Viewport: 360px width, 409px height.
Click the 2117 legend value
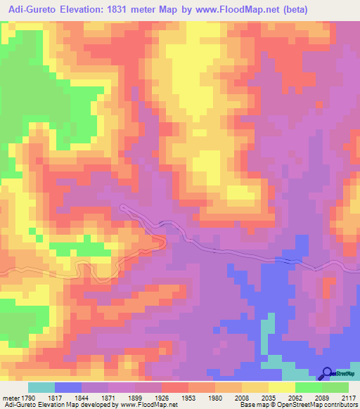tap(349, 397)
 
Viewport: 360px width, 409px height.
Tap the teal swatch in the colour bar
tap(41, 387)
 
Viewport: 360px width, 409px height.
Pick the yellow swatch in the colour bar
tap(281, 387)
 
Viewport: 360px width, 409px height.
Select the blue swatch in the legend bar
tap(67, 387)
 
